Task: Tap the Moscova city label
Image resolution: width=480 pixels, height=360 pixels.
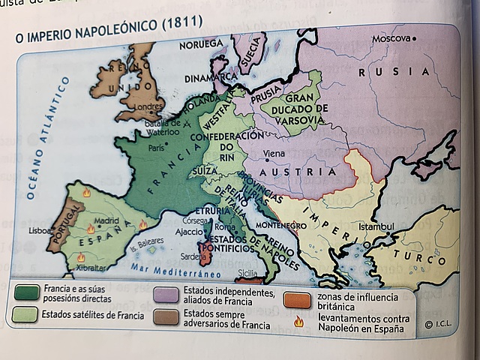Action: (x=392, y=37)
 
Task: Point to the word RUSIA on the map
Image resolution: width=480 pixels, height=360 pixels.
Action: (x=394, y=71)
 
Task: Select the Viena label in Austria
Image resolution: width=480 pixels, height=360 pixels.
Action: (x=274, y=153)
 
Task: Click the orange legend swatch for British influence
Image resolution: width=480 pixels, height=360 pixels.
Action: (x=298, y=300)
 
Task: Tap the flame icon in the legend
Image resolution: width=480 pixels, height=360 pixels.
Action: (x=298, y=322)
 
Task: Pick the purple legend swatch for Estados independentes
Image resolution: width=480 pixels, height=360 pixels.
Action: (x=166, y=294)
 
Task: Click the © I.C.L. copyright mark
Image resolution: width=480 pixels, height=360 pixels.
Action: (x=438, y=324)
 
